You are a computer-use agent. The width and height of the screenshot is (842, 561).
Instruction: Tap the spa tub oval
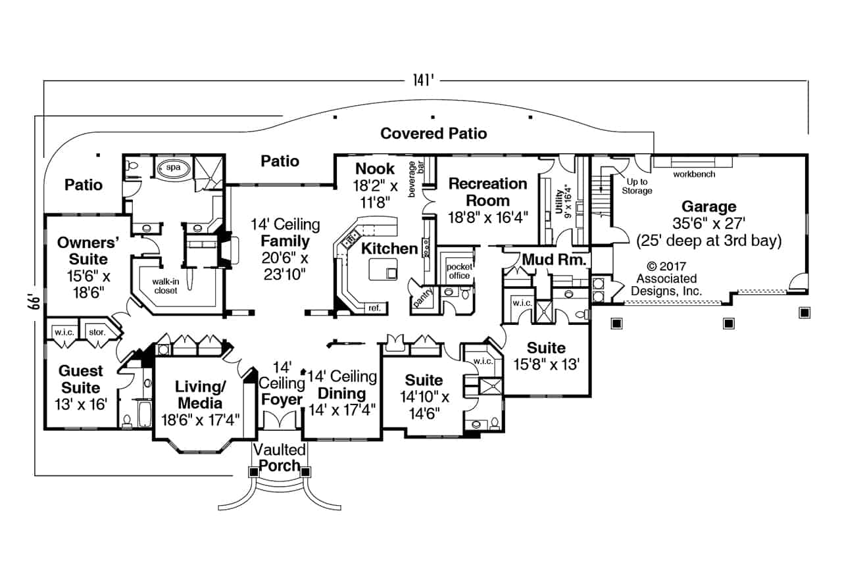coord(173,168)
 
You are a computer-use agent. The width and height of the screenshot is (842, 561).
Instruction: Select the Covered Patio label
coord(433,134)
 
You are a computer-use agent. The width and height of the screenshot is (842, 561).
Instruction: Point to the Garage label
coord(708,207)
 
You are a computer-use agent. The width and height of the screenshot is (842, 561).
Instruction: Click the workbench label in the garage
coord(693,174)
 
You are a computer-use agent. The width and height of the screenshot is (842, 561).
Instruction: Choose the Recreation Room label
coord(488,191)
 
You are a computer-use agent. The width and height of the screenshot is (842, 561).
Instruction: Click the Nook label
coord(375,168)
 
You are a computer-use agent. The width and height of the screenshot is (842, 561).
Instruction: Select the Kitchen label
coord(389,249)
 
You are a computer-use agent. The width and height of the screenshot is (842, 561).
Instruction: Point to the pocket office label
coord(458,271)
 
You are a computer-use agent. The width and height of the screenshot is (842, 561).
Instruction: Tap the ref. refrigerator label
coord(374,307)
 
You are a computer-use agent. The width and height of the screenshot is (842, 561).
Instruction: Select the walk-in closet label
coord(165,286)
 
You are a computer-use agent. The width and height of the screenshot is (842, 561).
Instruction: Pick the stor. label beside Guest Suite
coord(96,332)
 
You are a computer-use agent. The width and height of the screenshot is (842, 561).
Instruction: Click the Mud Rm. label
coord(554,260)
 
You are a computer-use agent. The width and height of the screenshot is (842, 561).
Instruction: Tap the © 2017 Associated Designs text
coord(667,278)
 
